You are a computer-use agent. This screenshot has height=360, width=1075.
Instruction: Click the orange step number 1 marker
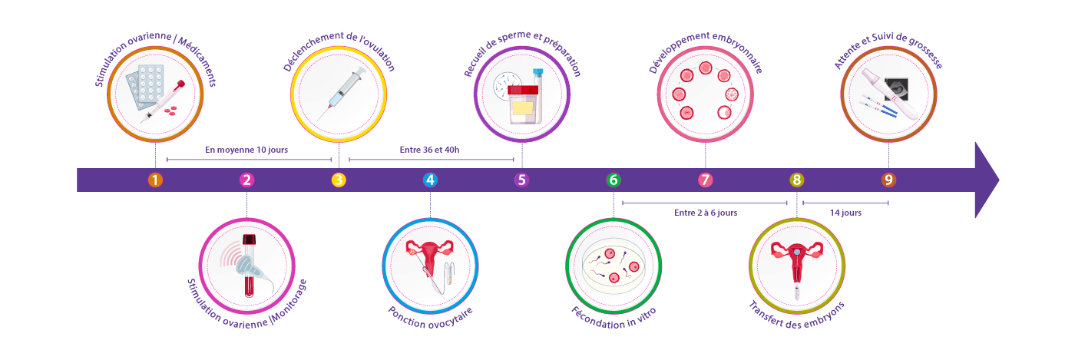[x=155, y=180]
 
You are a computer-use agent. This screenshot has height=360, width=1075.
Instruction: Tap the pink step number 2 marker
[x=246, y=180]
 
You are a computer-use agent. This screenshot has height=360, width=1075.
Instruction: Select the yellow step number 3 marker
[x=339, y=180]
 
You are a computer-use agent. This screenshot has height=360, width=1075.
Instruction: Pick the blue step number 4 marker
[x=430, y=180]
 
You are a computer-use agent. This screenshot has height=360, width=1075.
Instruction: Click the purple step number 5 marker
[x=522, y=180]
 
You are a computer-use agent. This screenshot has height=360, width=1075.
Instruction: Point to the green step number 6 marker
[x=614, y=180]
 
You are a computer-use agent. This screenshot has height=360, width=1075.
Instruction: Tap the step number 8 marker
[x=797, y=180]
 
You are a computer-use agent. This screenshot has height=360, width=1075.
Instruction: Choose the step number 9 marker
[x=888, y=180]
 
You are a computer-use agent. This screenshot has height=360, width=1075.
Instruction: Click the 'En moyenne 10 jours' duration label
[x=246, y=150]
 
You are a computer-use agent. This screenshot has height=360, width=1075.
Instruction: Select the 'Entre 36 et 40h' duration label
[x=430, y=150]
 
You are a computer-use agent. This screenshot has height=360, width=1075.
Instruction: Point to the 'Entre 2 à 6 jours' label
[x=705, y=213]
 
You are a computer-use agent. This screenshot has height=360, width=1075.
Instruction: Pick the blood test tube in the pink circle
[x=248, y=266]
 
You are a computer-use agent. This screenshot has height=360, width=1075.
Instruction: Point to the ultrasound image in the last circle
[x=898, y=89]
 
